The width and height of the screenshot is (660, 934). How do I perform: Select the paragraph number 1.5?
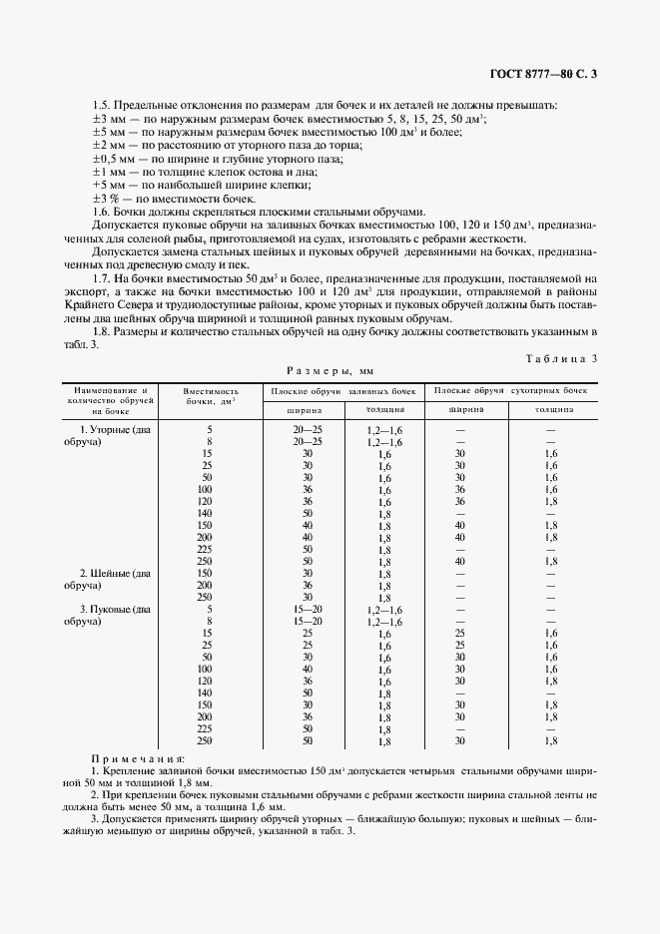point(101,105)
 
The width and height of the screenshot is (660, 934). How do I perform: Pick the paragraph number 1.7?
point(101,277)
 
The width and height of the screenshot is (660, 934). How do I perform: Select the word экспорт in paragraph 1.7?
point(85,291)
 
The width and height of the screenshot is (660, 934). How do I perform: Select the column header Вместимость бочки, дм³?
point(213,398)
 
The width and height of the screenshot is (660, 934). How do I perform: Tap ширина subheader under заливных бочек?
point(305,409)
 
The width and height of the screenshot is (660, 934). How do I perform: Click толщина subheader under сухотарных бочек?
point(552,409)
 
